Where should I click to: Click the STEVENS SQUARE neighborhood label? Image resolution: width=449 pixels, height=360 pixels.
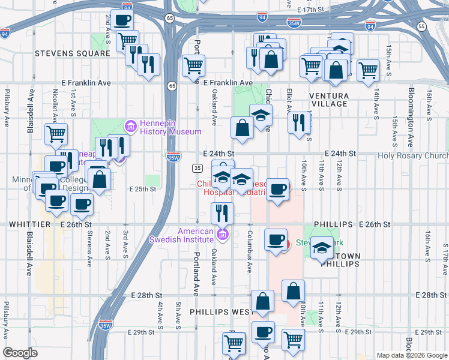click(72, 53)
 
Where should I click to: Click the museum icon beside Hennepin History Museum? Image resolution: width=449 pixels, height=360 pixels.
click(130, 127)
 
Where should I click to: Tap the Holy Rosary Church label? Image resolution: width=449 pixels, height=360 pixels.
click(412, 155)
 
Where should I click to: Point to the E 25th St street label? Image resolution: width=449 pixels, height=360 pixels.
click(142, 188)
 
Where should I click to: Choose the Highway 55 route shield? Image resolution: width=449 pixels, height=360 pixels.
click(421, 27)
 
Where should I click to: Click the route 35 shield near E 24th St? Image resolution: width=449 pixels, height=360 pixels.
click(196, 167)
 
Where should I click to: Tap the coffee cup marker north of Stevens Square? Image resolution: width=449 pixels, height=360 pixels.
click(122, 20)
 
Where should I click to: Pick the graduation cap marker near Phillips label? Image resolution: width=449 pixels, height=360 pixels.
click(322, 247)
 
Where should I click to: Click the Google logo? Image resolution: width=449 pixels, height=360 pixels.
click(20, 353)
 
